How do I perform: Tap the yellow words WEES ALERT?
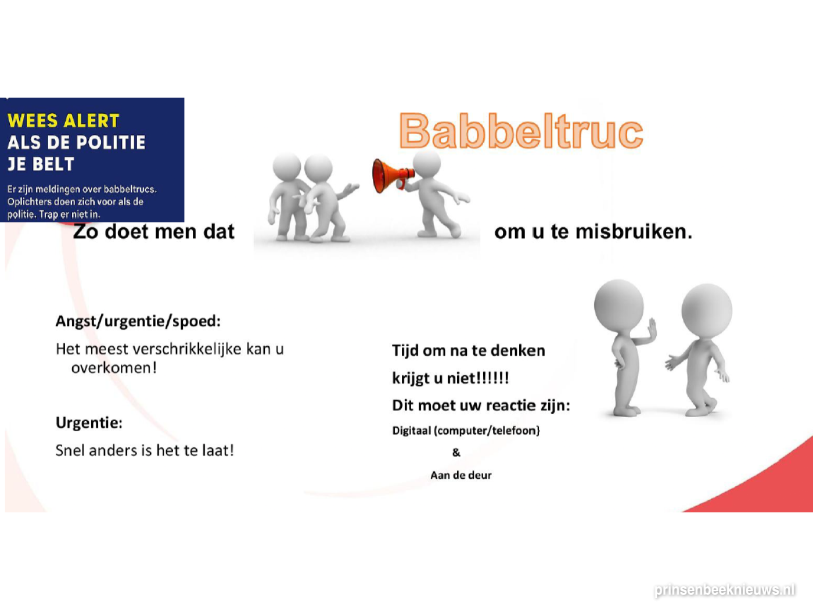point(63,121)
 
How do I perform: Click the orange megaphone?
point(393,176)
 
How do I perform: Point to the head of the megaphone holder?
point(427,163)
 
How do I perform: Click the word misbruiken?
point(634,232)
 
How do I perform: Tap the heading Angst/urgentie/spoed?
point(138,321)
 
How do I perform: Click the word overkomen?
point(114,368)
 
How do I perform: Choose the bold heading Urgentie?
point(89,422)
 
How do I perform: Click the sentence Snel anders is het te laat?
point(145,450)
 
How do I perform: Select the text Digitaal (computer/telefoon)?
point(466,430)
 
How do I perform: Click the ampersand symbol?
point(456,453)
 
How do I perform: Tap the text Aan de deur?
point(461,475)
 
